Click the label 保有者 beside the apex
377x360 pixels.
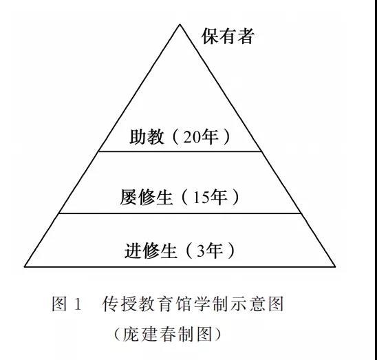tap(228, 36)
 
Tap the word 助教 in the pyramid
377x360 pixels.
tap(147, 137)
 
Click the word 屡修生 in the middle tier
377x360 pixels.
tap(146, 198)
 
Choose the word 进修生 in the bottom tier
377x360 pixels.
tap(151, 251)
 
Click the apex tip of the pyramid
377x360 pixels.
tap(180, 24)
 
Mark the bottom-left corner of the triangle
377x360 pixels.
tap(24, 267)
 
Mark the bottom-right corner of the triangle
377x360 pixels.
tap(335, 267)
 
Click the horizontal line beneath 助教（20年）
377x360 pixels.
tap(180, 151)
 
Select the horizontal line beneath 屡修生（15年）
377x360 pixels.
tap(180, 213)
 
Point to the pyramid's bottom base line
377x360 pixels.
tap(180, 267)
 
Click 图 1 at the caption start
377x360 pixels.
tap(67, 304)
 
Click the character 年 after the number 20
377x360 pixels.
tap(210, 137)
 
